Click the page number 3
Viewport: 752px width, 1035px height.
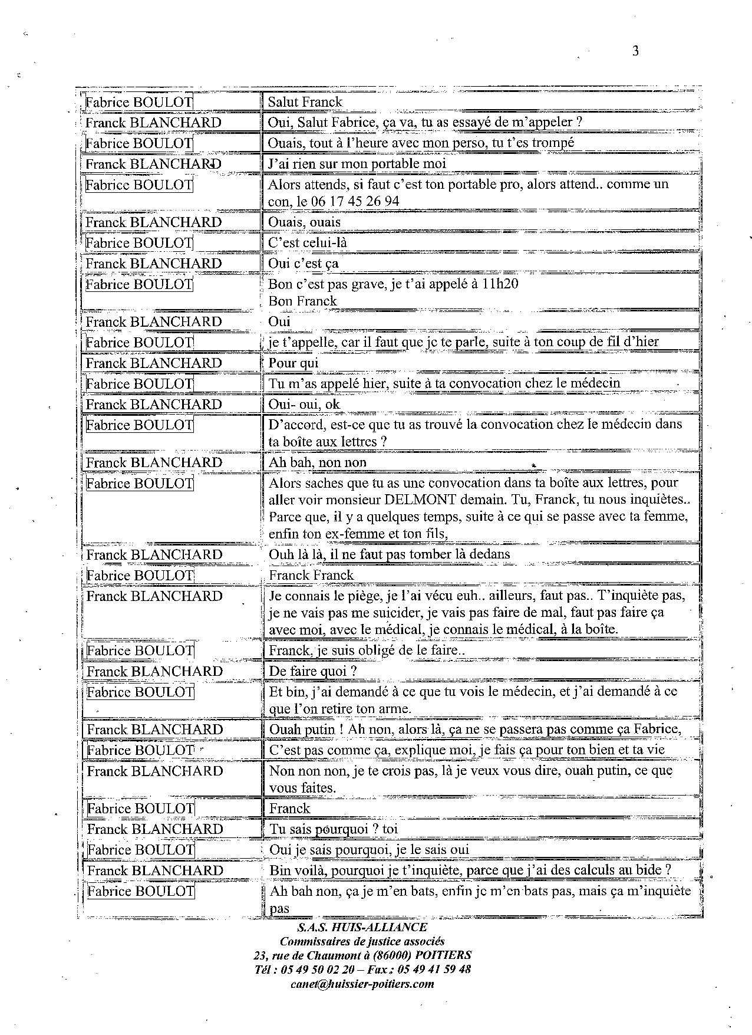coord(635,51)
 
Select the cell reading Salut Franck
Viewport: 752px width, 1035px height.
coord(305,101)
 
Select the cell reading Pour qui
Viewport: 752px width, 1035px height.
coord(293,363)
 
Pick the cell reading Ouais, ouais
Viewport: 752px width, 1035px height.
coord(304,222)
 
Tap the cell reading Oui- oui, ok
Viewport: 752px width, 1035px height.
coord(304,404)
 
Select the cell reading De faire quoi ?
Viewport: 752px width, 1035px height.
coord(313,671)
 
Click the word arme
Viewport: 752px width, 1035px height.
coord(395,708)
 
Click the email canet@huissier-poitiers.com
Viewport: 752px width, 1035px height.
coord(362,984)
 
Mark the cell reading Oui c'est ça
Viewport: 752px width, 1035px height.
coord(303,263)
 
